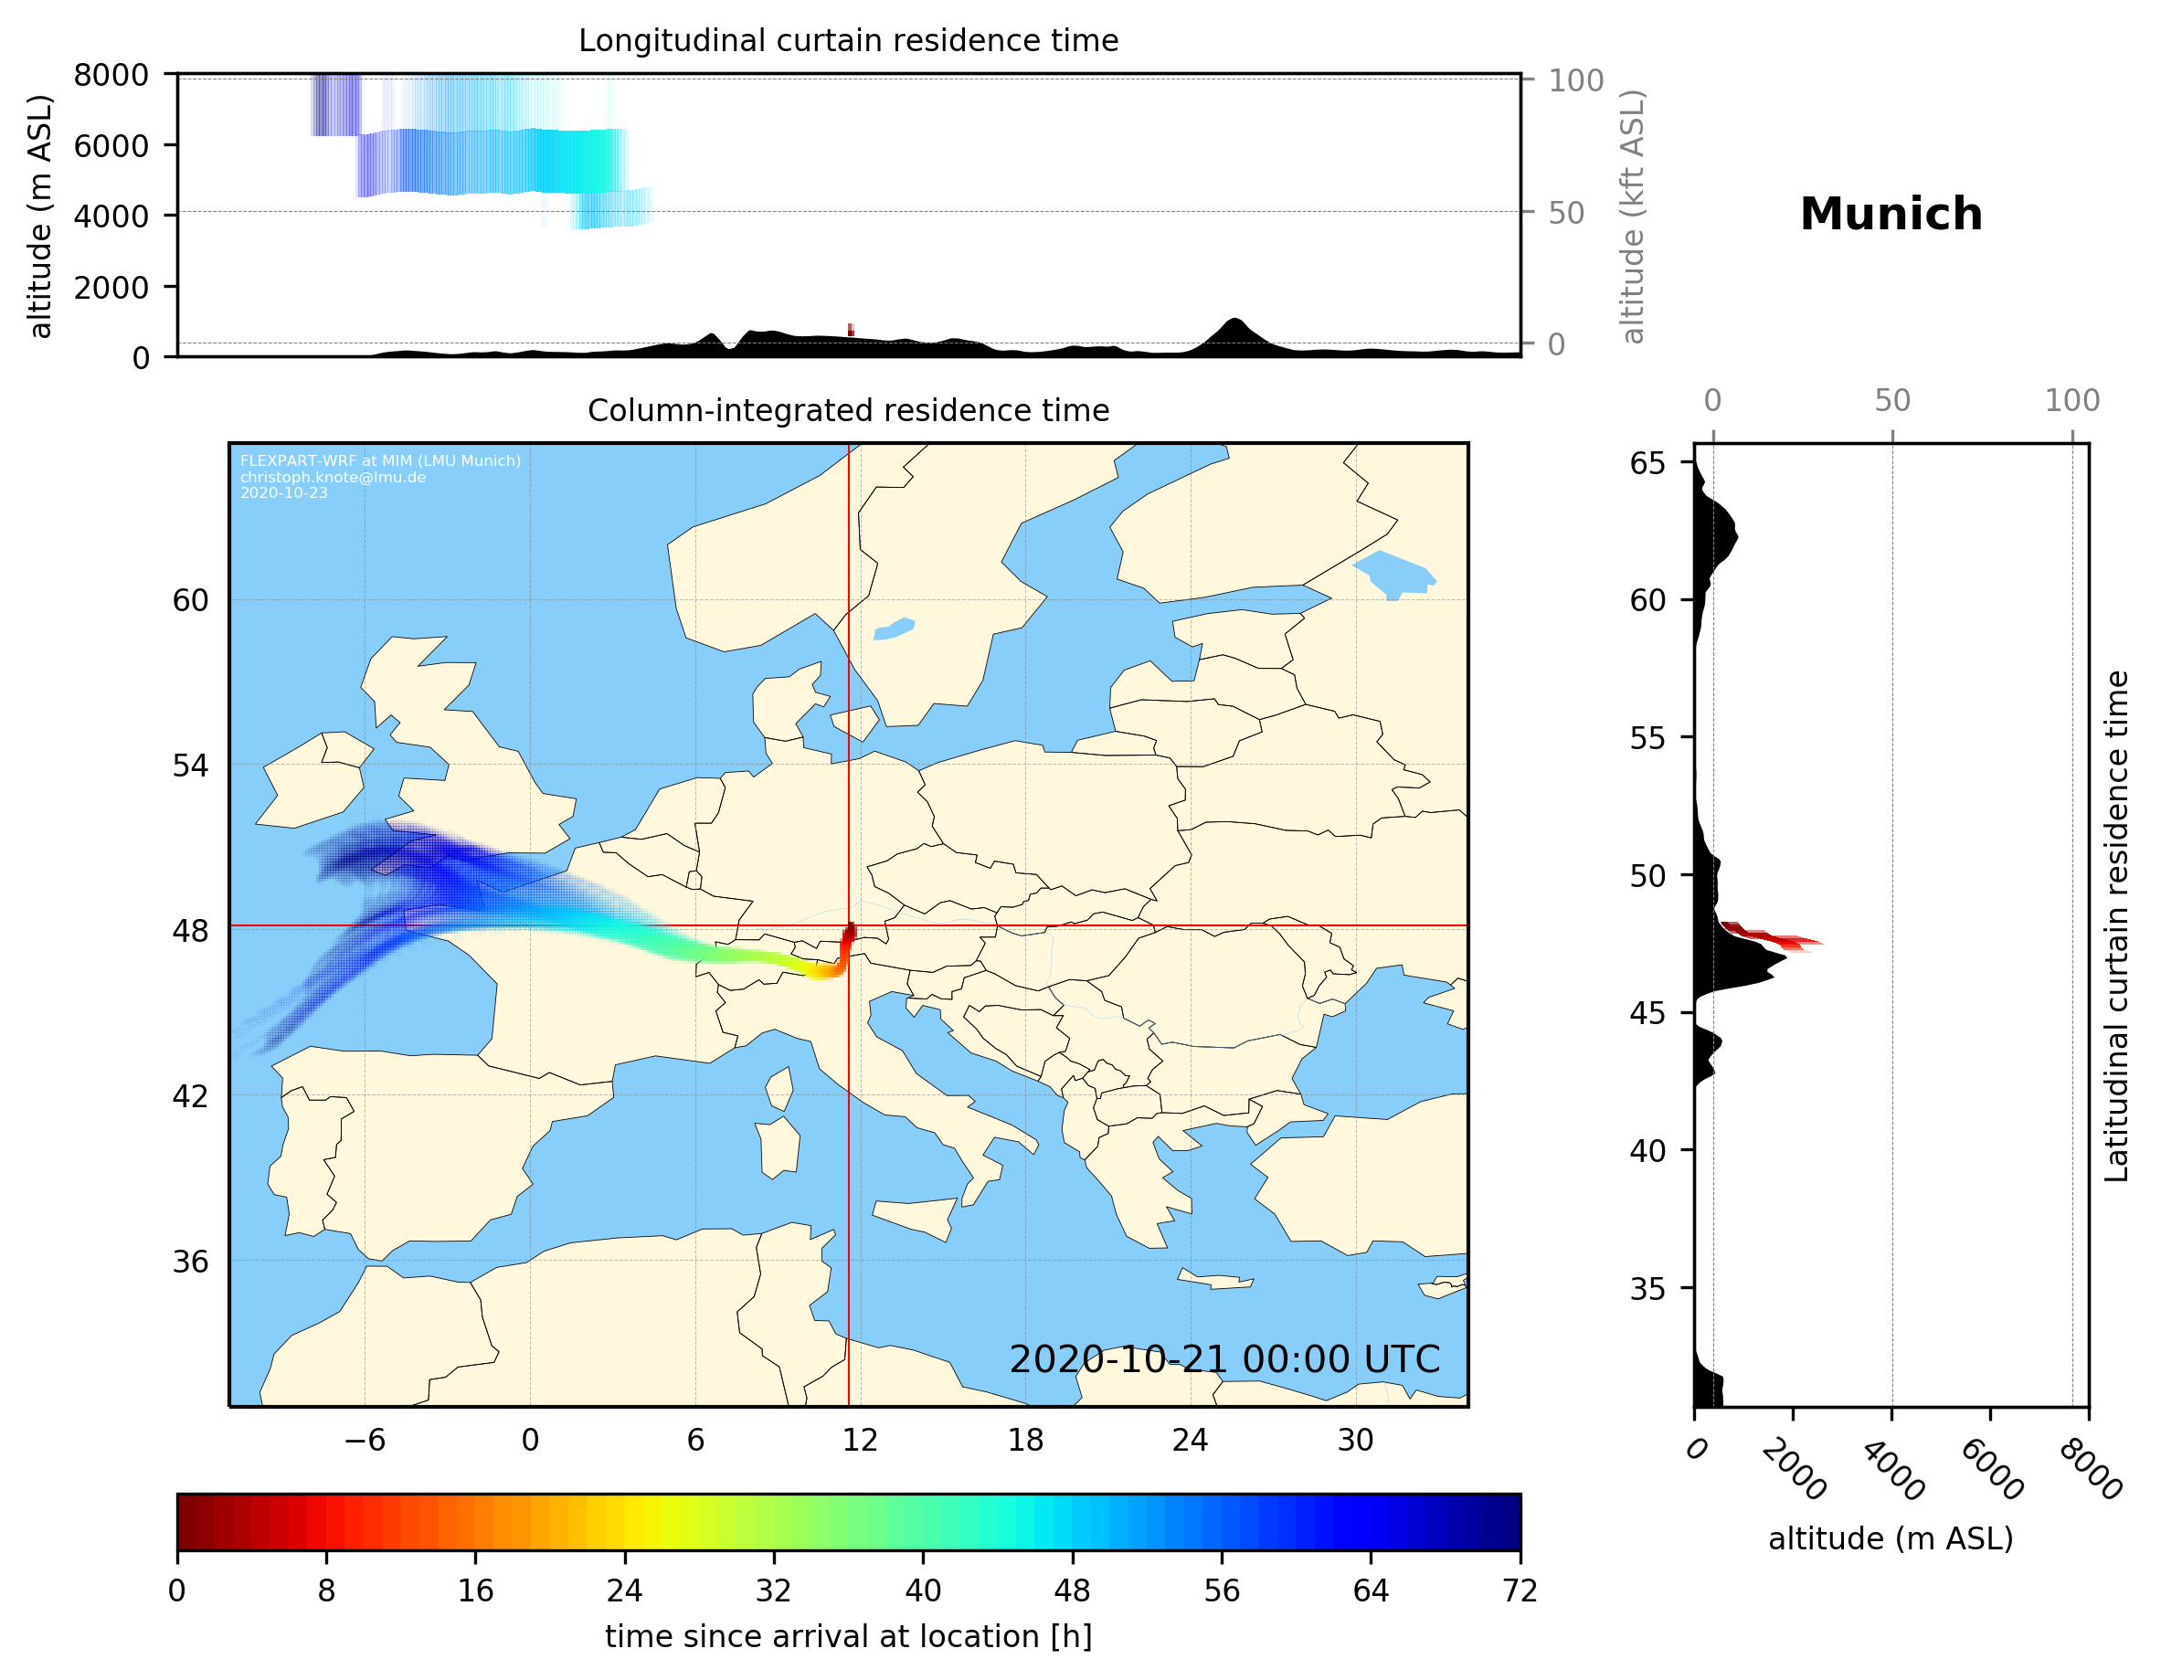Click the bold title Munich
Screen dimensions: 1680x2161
[x=1890, y=215]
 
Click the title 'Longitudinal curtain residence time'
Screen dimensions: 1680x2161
[x=848, y=40]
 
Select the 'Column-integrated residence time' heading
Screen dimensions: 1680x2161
[x=848, y=410]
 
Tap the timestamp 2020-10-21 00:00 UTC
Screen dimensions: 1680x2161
[x=1224, y=1360]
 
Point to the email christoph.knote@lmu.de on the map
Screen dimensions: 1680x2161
[x=333, y=478]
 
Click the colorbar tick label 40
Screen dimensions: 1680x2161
[x=923, y=1591]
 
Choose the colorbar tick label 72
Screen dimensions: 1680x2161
[x=1520, y=1591]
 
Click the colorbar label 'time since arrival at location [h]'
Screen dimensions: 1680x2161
[x=848, y=1636]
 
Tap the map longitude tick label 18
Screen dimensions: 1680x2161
[x=1025, y=1441]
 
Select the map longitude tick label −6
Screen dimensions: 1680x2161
[x=364, y=1441]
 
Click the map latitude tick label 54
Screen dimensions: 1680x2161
[x=190, y=766]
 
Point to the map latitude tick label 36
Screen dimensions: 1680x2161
[x=190, y=1262]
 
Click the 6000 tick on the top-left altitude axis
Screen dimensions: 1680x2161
[x=111, y=145]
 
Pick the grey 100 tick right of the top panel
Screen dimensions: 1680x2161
[x=1575, y=80]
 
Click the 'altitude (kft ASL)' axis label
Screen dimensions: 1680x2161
[x=1633, y=217]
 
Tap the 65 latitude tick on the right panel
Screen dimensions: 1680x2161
[x=1647, y=463]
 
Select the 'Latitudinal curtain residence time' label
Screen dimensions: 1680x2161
[x=2115, y=925]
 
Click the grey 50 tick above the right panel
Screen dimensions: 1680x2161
[x=1891, y=401]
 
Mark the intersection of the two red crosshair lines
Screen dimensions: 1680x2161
[x=849, y=926]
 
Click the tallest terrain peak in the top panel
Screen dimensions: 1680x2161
[x=1233, y=321]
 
